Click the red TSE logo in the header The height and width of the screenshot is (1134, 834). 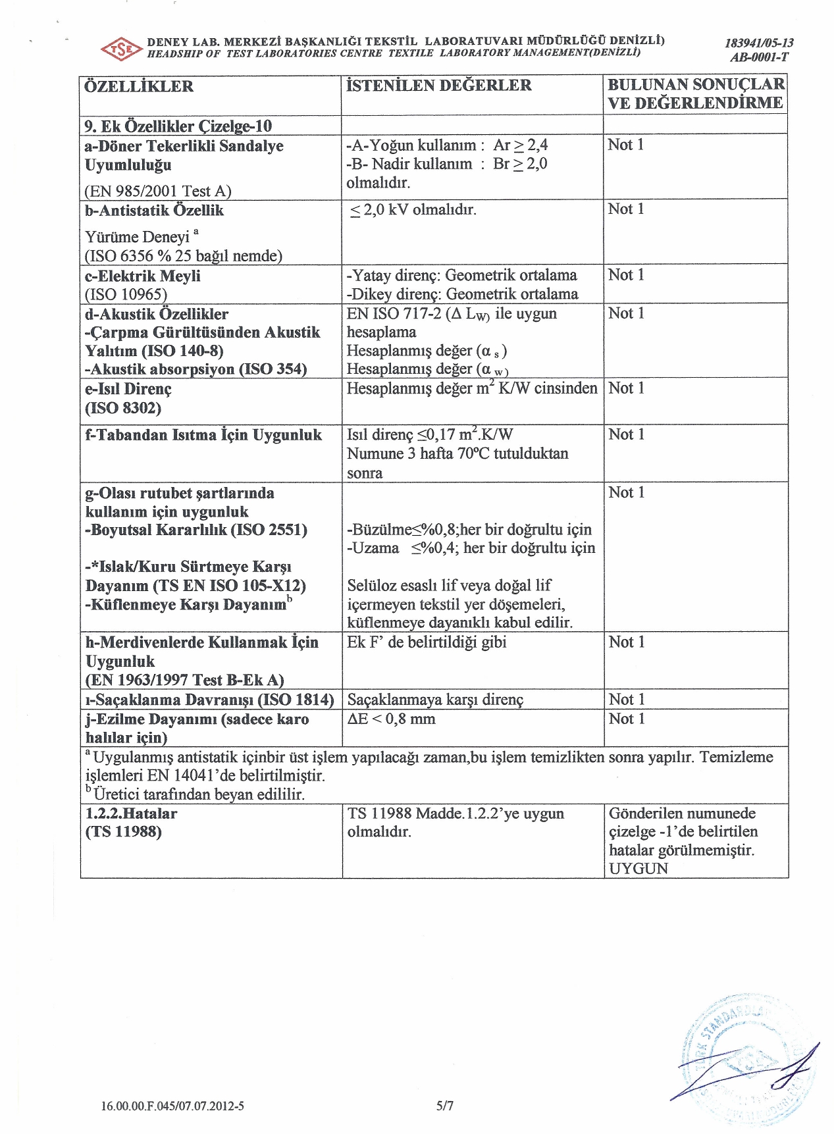pos(121,49)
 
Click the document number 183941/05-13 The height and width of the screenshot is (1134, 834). pos(759,43)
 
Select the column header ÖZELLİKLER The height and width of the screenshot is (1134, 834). pos(140,87)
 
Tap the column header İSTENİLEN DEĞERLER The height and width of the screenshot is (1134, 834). pos(439,86)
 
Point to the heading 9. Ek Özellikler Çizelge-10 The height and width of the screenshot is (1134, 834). pos(178,126)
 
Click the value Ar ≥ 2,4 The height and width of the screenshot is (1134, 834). pos(521,145)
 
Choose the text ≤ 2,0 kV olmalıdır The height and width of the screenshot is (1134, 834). pos(413,210)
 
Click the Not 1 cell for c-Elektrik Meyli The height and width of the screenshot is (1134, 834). pos(626,274)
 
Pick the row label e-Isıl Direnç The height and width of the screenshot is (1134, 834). pos(128,389)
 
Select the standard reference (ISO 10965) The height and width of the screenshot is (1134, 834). pos(126,294)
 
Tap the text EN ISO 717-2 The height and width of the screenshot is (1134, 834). pos(394,313)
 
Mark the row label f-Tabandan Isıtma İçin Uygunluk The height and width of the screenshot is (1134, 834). pos(203,435)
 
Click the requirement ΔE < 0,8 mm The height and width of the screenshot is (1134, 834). pos(392,719)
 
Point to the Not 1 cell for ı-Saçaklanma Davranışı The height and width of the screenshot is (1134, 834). pos(626,699)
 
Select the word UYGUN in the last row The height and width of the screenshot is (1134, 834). pos(639,868)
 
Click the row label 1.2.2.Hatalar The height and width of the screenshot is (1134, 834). pos(131,813)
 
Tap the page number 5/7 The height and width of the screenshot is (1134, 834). pos(445,1106)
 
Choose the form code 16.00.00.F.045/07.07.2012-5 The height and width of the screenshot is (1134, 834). pos(172,1106)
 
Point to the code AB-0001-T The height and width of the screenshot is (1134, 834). pos(759,57)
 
